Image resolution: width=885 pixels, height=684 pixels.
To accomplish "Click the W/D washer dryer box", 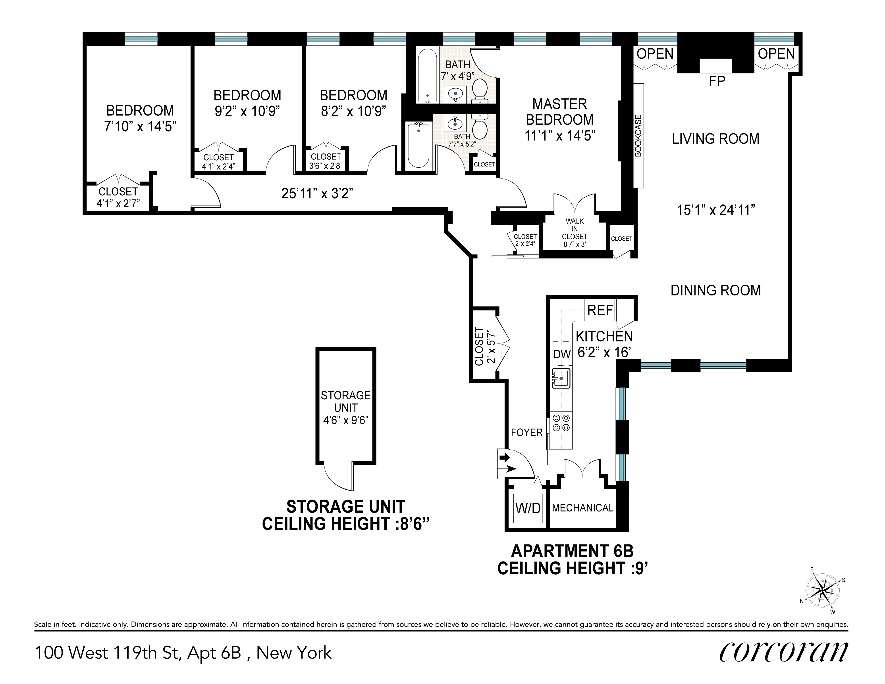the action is [528, 508].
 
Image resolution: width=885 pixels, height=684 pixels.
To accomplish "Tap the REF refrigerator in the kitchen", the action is [600, 310].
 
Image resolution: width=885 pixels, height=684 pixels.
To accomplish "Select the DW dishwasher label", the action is [562, 354].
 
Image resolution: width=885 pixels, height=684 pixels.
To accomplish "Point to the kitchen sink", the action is [561, 378].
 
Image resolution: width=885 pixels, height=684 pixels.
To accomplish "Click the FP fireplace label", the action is [717, 81].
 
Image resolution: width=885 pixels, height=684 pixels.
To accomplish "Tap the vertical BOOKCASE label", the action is [638, 136].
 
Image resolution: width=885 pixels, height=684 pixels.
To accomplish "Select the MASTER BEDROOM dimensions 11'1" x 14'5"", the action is [560, 136].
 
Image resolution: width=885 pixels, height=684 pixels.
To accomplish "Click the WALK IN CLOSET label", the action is [575, 232].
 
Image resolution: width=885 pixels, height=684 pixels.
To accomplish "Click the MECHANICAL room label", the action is [583, 508].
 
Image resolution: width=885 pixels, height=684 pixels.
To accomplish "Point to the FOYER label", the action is [526, 433].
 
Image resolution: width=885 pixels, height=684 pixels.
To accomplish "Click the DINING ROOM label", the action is [716, 290].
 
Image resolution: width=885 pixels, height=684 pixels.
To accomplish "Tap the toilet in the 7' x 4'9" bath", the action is [480, 90].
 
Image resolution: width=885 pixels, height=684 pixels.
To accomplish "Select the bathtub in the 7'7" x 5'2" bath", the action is [418, 145].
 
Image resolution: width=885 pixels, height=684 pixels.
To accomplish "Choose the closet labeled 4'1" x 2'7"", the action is [118, 197].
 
